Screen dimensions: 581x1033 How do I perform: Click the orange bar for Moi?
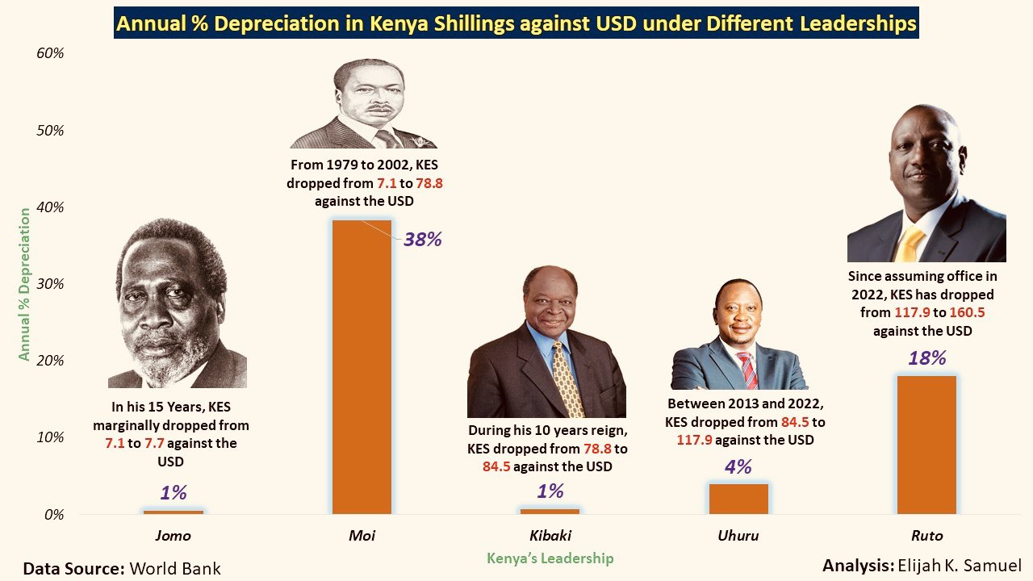pos(362,367)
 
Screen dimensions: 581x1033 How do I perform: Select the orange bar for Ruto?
pos(926,445)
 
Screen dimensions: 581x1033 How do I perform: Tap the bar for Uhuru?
pos(738,499)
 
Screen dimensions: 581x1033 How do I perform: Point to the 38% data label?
pos(423,239)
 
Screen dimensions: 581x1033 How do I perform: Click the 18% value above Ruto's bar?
pos(926,358)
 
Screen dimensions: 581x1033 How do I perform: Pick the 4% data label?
pos(738,466)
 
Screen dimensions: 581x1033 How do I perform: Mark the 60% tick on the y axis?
pos(49,53)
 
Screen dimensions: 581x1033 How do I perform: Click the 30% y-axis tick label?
pos(49,284)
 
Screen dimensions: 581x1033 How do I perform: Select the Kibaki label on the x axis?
pos(550,536)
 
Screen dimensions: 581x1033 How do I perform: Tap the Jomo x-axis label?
pos(173,536)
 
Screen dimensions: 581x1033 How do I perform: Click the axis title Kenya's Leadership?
pos(550,558)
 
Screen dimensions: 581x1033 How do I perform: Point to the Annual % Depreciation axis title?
pos(25,284)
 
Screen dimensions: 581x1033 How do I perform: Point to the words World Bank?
pos(175,568)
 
